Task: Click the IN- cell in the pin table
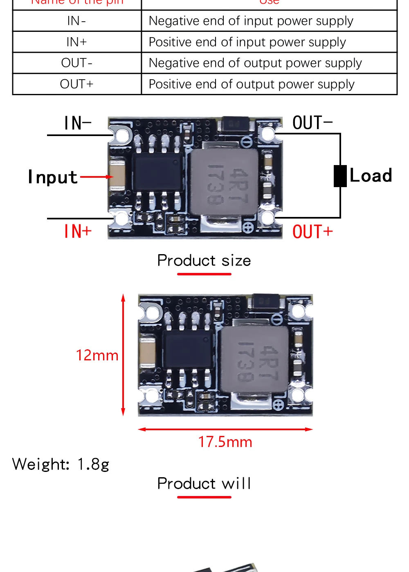(76, 21)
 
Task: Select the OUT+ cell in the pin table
(76, 84)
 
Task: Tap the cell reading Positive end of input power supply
(247, 42)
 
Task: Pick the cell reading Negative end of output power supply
(255, 63)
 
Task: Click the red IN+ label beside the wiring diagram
(78, 231)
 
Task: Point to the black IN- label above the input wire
(78, 123)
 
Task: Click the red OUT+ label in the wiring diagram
(312, 232)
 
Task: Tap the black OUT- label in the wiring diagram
(312, 123)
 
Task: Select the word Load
(371, 176)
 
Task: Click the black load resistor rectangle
(340, 176)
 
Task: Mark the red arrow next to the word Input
(97, 177)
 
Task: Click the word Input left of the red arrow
(53, 177)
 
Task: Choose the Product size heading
(204, 261)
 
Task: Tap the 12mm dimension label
(97, 355)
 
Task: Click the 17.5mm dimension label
(225, 442)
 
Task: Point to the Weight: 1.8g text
(61, 465)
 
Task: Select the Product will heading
(204, 484)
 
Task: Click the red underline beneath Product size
(204, 274)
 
